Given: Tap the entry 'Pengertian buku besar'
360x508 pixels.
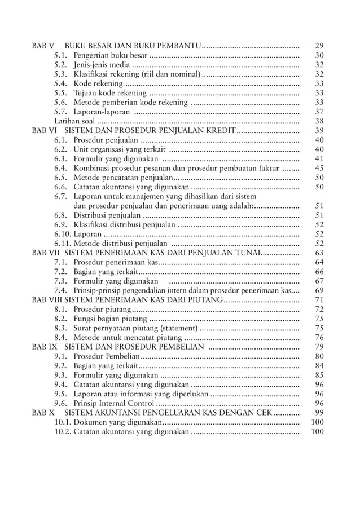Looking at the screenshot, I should (111, 55).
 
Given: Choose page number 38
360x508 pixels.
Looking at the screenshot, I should (319, 121).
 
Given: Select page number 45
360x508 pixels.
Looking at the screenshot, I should (319, 168).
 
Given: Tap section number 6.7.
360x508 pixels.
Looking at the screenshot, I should (61, 196).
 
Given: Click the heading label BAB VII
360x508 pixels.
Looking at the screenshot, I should (43, 253).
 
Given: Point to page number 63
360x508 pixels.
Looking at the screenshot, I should (319, 253).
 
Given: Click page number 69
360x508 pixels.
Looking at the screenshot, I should (319, 290).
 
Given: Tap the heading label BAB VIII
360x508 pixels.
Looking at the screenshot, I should (45, 299).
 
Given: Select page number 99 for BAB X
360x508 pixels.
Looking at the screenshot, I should (319, 413).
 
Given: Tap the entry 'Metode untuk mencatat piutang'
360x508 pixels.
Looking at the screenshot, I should (127, 337).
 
